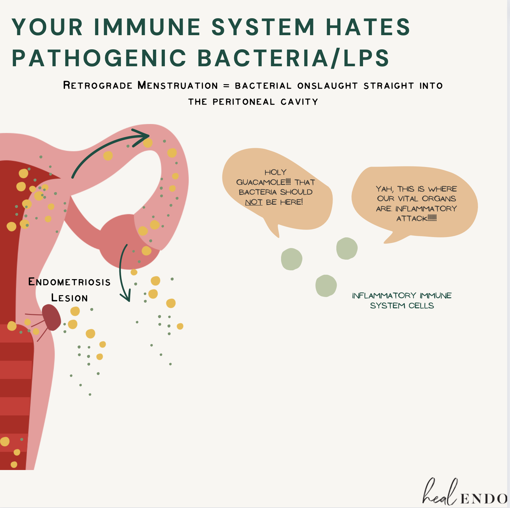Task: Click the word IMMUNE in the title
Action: [147, 27]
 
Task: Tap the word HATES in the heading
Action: [368, 27]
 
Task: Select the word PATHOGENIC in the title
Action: [99, 58]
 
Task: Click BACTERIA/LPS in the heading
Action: [294, 58]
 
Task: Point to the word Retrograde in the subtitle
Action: [98, 85]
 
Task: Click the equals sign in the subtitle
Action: [226, 86]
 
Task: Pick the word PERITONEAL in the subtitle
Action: [243, 102]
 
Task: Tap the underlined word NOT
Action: [254, 202]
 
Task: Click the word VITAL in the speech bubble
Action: [408, 199]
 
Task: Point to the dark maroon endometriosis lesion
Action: [52, 317]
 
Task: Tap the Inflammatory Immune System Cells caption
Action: [402, 300]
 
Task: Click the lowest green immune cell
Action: [326, 285]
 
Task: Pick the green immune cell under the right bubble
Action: [347, 248]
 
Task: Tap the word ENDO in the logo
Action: [484, 499]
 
